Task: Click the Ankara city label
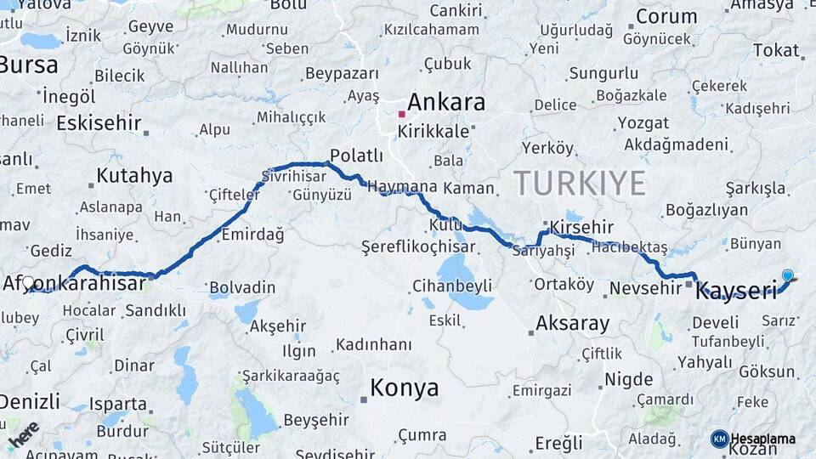pos(446,103)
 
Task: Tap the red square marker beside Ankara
pos(402,114)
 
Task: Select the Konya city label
pos(405,388)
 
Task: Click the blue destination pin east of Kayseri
pos(788,275)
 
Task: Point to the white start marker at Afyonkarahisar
pos(28,282)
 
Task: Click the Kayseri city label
pos(736,292)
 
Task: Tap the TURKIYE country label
pos(579,183)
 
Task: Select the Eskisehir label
pos(99,123)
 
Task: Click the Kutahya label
pos(134,176)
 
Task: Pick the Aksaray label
pos(573,324)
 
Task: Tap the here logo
pos(24,434)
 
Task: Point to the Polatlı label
pos(356,156)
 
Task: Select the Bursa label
pos(29,65)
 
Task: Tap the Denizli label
pos(30,401)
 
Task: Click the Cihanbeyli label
pos(451,285)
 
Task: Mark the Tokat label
pos(775,50)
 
